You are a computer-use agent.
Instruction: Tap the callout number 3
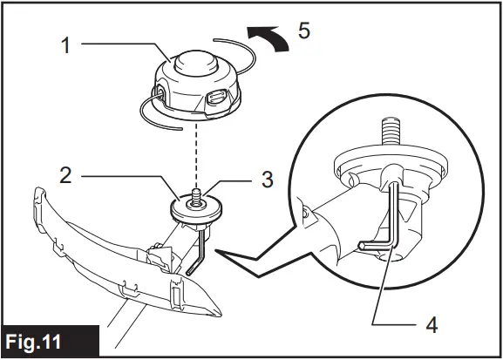pyautogui.click(x=268, y=180)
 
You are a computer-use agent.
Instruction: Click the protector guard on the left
pyautogui.click(x=105, y=253)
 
